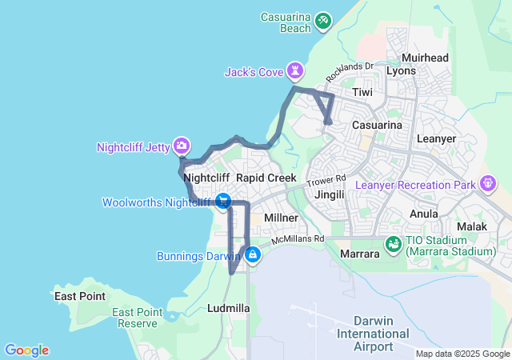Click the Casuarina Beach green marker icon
[x=322, y=20]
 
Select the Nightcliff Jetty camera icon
[x=182, y=146]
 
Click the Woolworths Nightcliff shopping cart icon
[x=224, y=202]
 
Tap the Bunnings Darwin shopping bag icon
[x=253, y=255]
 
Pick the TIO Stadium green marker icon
[x=393, y=243]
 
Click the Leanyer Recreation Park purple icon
[x=486, y=185]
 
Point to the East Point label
[x=80, y=296]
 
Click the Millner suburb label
[x=281, y=218]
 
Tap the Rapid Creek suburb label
[x=266, y=178]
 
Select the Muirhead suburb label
[x=425, y=58]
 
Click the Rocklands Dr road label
[x=350, y=72]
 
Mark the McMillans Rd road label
[x=298, y=238]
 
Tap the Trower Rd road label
[x=328, y=181]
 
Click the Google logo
[x=26, y=350]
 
